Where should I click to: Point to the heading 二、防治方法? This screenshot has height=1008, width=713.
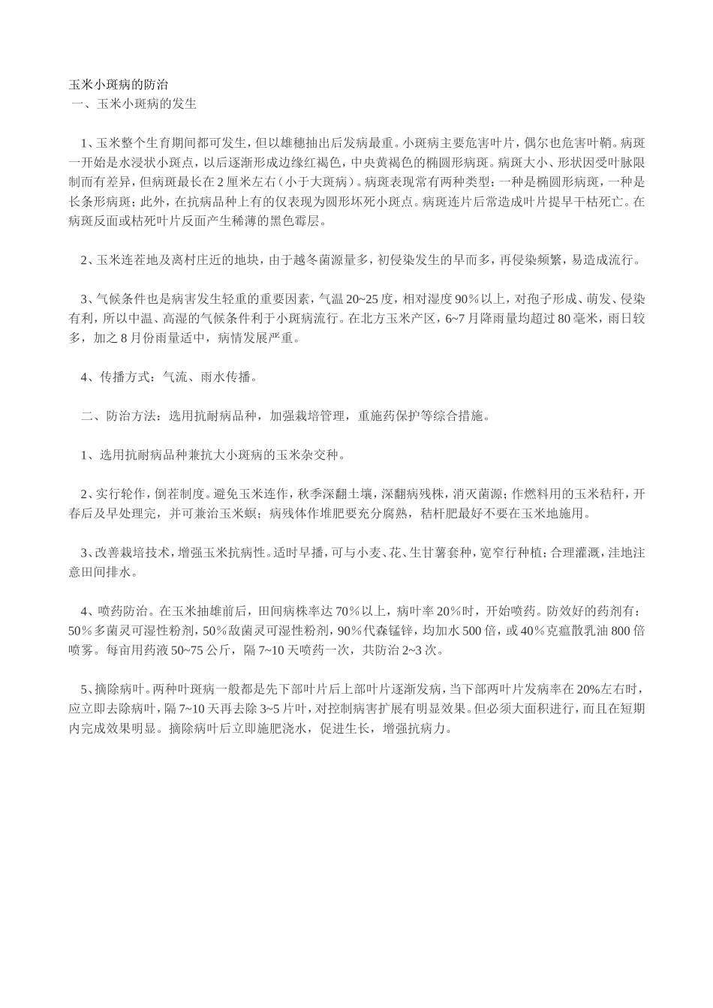point(119,416)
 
